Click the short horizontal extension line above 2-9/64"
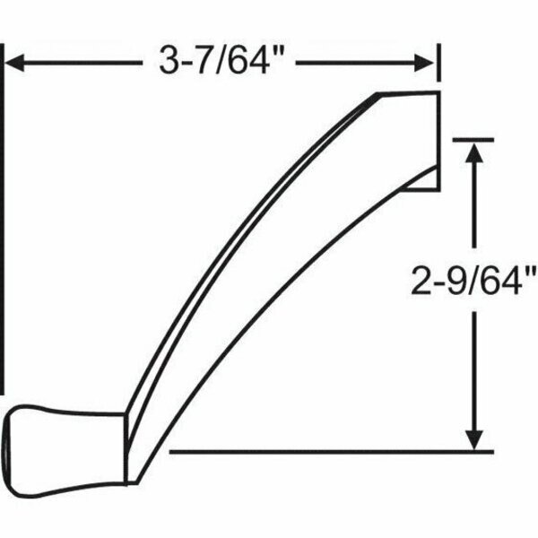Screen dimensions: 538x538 pos(467,138)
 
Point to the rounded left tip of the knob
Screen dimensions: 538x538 pos(7,445)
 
